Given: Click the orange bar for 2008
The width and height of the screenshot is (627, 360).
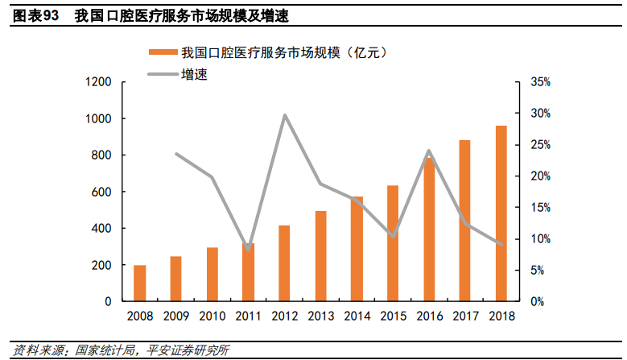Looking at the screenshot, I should (x=140, y=283).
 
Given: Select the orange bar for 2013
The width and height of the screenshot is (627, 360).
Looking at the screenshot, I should (x=320, y=256).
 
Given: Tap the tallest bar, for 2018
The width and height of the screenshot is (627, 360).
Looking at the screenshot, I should (x=501, y=213).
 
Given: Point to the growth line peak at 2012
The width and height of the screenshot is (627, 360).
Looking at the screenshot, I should (x=284, y=115).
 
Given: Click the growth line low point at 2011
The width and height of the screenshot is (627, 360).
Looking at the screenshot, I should (x=248, y=249).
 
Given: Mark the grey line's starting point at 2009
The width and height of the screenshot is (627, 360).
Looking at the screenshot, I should (x=176, y=154).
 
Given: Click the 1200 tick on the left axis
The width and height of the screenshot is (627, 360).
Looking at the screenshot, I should (x=98, y=82).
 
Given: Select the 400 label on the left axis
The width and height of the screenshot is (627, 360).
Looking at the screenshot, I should (x=101, y=229).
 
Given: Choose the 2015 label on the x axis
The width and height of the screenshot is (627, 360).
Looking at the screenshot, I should (x=392, y=316).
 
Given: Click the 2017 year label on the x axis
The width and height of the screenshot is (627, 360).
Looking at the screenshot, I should (x=464, y=316).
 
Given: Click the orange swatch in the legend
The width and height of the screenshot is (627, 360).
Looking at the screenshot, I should (x=163, y=52).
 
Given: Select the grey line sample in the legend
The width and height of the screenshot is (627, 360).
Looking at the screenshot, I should (x=163, y=75).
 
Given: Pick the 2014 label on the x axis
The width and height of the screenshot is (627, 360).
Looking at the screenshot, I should (x=356, y=316).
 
